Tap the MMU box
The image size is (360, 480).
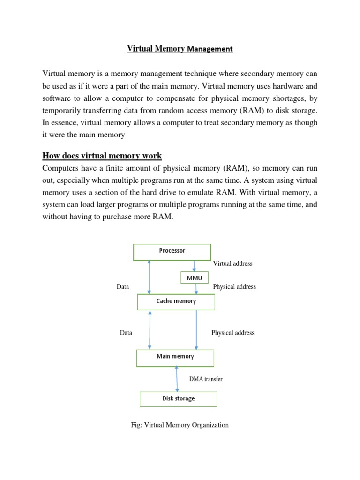pos(195,278)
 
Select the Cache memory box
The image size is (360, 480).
pos(176,301)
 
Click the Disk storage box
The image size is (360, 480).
pos(179,399)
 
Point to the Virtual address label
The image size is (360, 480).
pos(232,263)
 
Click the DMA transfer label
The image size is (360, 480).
pos(205,379)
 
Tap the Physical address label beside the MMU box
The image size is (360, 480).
pos(234,287)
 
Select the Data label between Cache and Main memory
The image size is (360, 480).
pos(126,333)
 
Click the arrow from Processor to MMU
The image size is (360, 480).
pos(194,266)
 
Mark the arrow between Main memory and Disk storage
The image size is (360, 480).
pos(177,379)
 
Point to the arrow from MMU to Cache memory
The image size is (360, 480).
pos(196,289)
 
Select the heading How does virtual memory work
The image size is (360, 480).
pos(103,156)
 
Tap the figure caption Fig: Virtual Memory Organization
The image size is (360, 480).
pos(180,425)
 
